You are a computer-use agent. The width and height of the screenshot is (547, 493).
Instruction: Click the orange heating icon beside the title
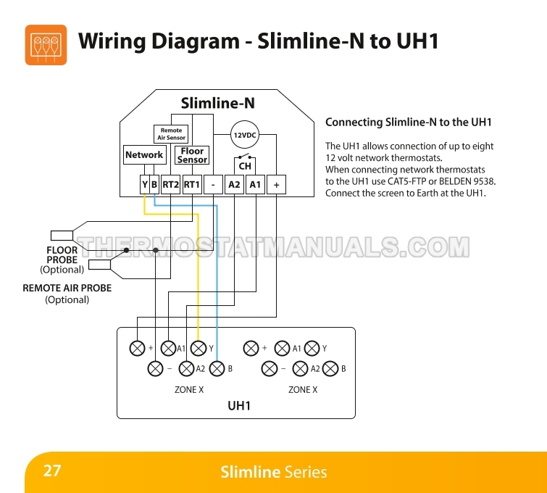point(46,45)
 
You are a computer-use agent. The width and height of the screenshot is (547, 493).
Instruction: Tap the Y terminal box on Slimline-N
point(144,185)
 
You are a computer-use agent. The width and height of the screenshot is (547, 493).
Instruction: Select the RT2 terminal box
point(170,185)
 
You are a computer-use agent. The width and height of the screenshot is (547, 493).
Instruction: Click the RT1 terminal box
point(192,185)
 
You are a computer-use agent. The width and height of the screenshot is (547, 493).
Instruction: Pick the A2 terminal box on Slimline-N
point(234,185)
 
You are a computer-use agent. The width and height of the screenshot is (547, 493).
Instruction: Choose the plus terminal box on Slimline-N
point(276,185)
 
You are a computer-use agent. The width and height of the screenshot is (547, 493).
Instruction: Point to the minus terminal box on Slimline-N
point(213,185)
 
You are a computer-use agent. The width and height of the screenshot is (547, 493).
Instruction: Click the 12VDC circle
point(244,135)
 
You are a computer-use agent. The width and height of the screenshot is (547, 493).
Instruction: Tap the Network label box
point(144,155)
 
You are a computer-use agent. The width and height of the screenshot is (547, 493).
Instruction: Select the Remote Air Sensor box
point(172,134)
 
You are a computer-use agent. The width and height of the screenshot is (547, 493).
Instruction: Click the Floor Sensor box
point(193,155)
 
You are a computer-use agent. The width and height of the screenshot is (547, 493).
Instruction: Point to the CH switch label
point(245,166)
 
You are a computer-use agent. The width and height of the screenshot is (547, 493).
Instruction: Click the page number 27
point(52,471)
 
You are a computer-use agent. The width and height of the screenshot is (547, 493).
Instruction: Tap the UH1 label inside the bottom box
point(239,406)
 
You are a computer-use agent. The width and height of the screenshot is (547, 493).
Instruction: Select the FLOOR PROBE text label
point(62,255)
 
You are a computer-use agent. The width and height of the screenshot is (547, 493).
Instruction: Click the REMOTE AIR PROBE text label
point(67,288)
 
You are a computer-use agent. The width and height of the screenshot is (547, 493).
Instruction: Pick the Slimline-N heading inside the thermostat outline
point(217,104)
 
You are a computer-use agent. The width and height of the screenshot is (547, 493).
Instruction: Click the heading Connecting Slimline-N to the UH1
point(409,123)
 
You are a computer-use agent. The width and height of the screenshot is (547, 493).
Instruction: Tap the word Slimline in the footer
point(250,473)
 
